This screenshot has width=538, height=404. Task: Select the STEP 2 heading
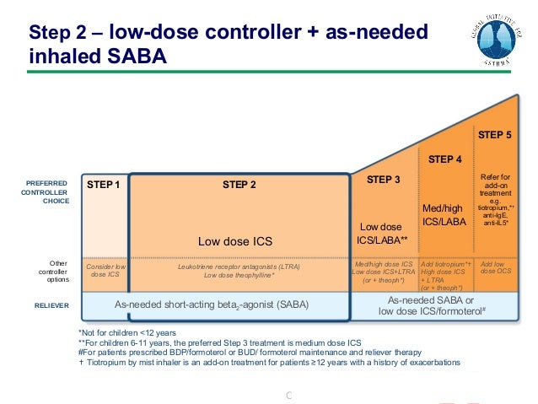[239, 184]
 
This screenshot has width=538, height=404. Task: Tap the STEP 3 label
[385, 180]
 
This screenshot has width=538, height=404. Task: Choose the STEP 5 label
[495, 135]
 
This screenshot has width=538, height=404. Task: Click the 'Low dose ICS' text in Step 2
[235, 241]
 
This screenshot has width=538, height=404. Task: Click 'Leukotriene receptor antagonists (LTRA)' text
[239, 267]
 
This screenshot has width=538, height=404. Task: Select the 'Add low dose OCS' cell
[495, 267]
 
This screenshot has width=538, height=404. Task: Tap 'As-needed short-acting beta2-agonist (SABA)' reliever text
[212, 304]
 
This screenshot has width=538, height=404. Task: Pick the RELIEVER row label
[53, 305]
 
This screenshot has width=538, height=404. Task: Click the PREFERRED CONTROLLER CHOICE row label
[46, 191]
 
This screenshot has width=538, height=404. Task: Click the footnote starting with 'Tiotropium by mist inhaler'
[270, 362]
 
